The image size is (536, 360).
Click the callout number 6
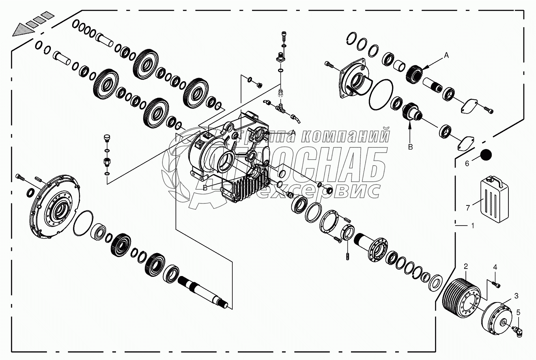(x=467, y=163)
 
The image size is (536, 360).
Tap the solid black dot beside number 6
(x=486, y=154)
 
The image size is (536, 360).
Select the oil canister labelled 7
(x=494, y=195)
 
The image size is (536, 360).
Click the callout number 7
(x=468, y=207)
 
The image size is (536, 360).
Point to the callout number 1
(x=473, y=226)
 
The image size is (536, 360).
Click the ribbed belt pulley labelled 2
(x=461, y=295)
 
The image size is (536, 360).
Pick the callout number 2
(x=465, y=267)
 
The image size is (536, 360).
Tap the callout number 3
(x=516, y=296)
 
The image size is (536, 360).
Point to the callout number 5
(x=519, y=313)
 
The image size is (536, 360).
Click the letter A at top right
(x=446, y=56)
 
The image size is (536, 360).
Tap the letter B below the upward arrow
(x=410, y=147)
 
